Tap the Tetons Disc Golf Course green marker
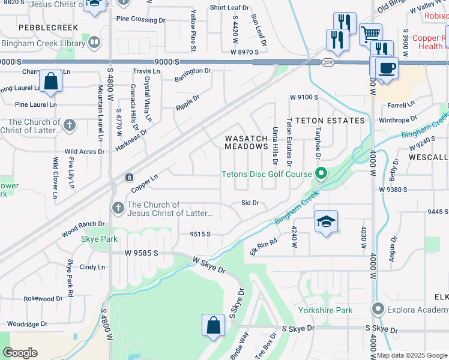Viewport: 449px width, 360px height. pyautogui.click(x=321, y=174)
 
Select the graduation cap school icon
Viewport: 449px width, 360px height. pyautogui.click(x=326, y=221)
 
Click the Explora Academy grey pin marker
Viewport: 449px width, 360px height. pyautogui.click(x=378, y=310)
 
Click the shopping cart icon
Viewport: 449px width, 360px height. pyautogui.click(x=371, y=34)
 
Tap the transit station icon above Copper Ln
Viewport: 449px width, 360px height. pyautogui.click(x=129, y=178)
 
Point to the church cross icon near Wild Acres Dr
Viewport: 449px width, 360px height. pyautogui.click(x=70, y=125)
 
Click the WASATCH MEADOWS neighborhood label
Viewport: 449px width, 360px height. pyautogui.click(x=246, y=142)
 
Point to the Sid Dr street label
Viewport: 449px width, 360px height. pyautogui.click(x=250, y=203)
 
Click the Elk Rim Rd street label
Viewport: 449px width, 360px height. pyautogui.click(x=264, y=246)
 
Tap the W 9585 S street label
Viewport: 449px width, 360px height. pyautogui.click(x=141, y=254)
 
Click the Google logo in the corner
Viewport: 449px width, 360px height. pyautogui.click(x=20, y=353)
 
